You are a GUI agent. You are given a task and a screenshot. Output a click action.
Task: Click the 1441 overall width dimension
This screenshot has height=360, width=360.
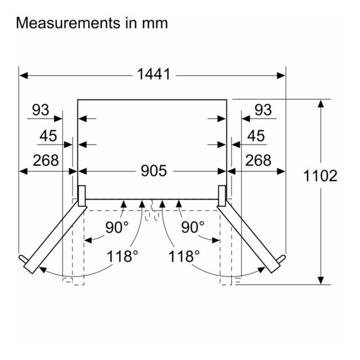[154, 74]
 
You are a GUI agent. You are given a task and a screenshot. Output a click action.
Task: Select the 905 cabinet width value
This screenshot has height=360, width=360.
[154, 171]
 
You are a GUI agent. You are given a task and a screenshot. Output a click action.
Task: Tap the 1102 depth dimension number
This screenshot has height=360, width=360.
[320, 176]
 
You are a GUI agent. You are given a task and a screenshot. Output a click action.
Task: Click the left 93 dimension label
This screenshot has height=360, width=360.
[40, 110]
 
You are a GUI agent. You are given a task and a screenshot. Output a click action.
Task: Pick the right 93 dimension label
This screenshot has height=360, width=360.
[263, 110]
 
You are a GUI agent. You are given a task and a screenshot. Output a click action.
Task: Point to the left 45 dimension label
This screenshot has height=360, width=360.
[48, 136]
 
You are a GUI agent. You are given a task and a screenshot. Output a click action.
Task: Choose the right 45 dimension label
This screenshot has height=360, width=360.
[256, 136]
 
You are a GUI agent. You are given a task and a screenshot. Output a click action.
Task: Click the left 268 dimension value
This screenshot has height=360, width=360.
[46, 160]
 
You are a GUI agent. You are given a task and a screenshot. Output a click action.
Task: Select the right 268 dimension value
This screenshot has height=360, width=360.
[258, 160]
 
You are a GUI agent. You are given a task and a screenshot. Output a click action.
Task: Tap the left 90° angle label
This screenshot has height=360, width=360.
[117, 227]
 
